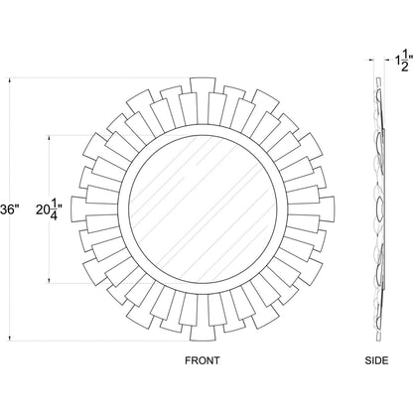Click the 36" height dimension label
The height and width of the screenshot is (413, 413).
click(x=7, y=209)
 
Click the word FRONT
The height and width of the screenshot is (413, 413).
click(x=203, y=360)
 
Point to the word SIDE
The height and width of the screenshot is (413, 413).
click(x=376, y=360)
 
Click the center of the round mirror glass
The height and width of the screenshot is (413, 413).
click(x=203, y=209)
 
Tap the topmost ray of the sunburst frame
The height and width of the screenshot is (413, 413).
click(x=203, y=88)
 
